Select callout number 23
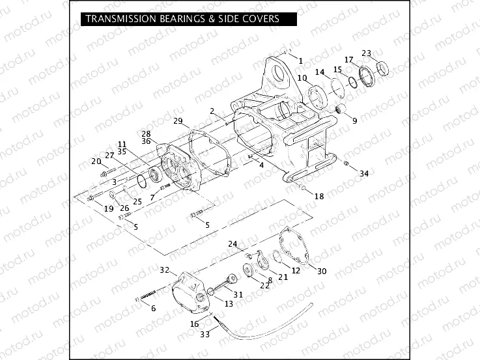366,53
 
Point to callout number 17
349,60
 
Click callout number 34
364,173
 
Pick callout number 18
318,196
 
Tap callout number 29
177,122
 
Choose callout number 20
96,161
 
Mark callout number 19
109,208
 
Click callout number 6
154,308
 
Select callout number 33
205,334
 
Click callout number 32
165,270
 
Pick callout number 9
355,120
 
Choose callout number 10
302,78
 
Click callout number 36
146,141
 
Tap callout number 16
195,324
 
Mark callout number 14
320,72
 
